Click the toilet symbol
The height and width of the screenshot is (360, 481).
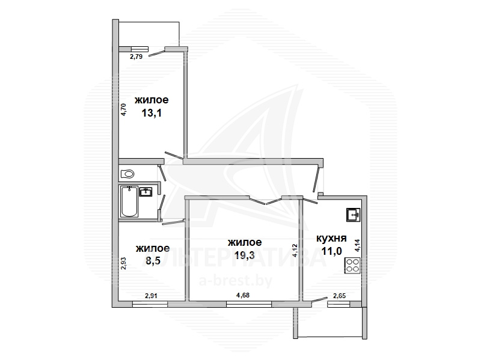point(127,174)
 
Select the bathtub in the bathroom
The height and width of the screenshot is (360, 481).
point(129,201)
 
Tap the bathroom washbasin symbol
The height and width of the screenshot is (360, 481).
point(146,192)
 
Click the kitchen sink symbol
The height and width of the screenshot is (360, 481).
point(354,215)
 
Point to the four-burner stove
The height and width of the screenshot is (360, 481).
point(352,266)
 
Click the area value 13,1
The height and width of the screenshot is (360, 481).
point(152,113)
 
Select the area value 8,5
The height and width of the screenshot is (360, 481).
point(153,261)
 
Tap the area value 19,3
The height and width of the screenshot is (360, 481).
point(245,255)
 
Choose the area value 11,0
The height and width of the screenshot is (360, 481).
point(332,251)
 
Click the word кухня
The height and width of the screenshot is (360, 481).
point(331,238)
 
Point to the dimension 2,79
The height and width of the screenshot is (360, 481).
point(136,56)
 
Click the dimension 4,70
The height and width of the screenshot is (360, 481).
point(123,109)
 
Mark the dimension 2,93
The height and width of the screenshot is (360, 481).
point(123,263)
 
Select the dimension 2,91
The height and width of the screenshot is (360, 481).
point(152,296)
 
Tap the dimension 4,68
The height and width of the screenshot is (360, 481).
point(243,295)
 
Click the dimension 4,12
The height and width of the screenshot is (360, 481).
point(295,250)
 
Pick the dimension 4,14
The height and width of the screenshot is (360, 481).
point(357,245)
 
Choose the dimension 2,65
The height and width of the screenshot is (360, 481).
point(339,296)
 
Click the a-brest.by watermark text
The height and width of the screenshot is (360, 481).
point(236,281)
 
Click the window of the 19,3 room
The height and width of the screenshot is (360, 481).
point(249,304)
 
